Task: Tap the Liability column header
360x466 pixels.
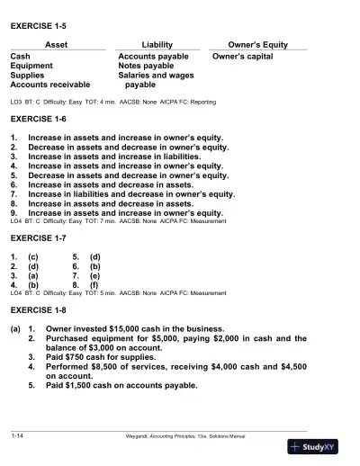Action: (x=157, y=44)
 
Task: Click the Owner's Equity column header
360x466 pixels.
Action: (x=257, y=44)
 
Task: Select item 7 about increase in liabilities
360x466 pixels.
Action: (x=131, y=193)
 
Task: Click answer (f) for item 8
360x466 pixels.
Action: (x=94, y=284)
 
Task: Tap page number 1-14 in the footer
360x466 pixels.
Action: (x=17, y=435)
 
